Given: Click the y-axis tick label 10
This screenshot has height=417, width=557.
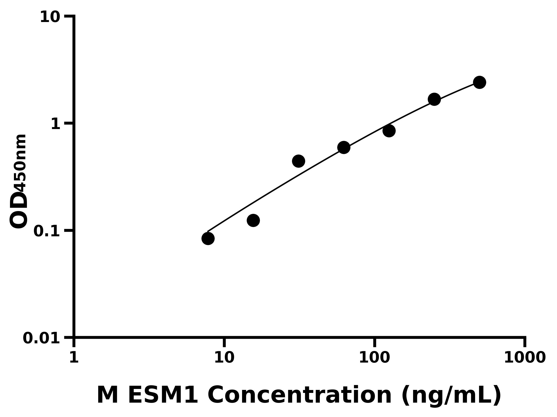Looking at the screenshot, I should tap(50, 17).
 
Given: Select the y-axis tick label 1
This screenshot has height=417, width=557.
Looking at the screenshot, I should tap(56, 124).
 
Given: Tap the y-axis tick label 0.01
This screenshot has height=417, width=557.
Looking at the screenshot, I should tap(41, 338).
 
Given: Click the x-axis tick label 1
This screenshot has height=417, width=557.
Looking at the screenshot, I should tap(74, 357).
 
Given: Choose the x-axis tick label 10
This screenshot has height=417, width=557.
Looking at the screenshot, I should tap(224, 357).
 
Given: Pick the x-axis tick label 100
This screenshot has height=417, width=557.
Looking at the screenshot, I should tap(374, 357).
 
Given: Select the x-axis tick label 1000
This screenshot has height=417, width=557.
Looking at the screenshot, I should tap(525, 357).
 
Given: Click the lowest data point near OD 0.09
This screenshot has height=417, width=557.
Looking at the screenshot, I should tap(208, 238).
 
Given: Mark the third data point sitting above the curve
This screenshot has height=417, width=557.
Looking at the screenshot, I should tap(299, 161).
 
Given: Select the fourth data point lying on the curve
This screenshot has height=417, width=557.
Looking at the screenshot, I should tap(344, 147).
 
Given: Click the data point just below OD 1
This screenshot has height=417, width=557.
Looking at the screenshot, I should tap(389, 131).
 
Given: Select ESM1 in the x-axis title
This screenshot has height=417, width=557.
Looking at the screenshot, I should tap(163, 395).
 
